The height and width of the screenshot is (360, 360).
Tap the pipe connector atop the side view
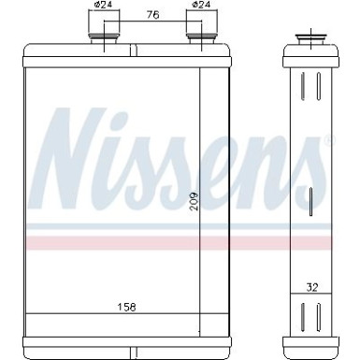tap(308, 40)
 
